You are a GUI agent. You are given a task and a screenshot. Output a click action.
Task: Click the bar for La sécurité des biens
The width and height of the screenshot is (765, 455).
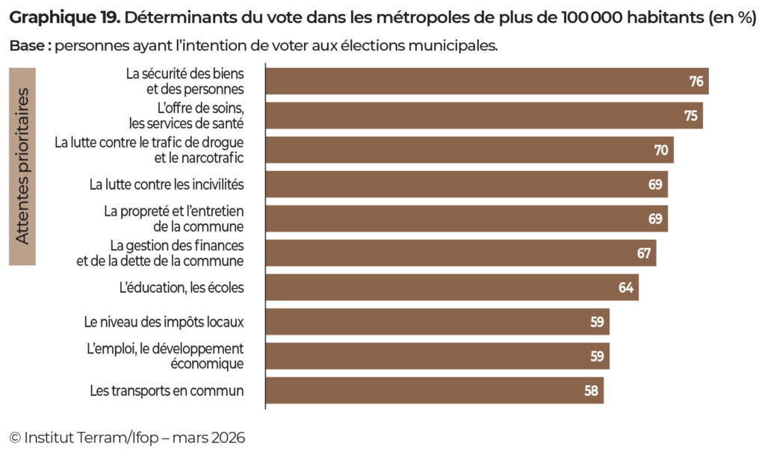[486, 81]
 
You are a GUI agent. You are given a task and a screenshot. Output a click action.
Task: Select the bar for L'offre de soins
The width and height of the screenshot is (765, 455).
[483, 115]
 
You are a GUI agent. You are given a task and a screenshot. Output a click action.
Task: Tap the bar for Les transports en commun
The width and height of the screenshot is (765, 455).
[433, 391]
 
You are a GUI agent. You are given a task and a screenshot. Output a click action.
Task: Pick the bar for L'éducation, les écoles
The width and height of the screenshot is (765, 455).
[451, 288]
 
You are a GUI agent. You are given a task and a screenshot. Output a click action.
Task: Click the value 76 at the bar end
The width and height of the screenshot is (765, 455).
[696, 81]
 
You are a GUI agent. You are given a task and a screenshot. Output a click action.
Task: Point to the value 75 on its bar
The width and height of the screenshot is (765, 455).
[690, 116]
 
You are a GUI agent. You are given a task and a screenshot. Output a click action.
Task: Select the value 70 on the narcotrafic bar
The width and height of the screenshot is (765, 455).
[661, 150]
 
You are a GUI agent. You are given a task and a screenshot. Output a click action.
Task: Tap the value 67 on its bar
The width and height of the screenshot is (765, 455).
[644, 253]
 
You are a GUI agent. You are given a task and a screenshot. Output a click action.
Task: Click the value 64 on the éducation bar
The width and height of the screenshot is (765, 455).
[626, 288]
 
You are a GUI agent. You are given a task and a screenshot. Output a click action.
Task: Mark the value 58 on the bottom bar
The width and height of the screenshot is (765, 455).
[592, 391]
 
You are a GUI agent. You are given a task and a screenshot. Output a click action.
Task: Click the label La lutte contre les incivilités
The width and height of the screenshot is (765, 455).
[167, 184]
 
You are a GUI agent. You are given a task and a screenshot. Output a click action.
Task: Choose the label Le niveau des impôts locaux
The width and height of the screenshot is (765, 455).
[164, 323]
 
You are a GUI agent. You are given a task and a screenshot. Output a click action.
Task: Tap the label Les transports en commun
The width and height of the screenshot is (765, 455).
[167, 391]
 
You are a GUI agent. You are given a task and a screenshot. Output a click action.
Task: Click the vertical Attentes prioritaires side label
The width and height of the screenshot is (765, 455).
[22, 166]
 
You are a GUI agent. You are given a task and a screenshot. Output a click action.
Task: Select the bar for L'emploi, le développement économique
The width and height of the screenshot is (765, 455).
[437, 356]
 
